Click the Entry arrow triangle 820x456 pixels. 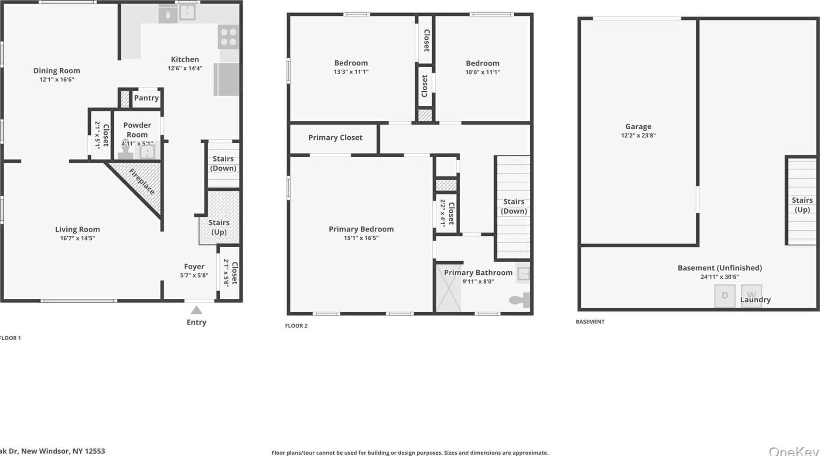pyautogui.click(x=196, y=310)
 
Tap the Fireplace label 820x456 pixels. pyautogui.click(x=142, y=181)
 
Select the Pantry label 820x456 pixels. pyautogui.click(x=146, y=98)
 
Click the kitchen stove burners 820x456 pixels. pyautogui.click(x=228, y=37)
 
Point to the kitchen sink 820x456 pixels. pyautogui.click(x=188, y=12)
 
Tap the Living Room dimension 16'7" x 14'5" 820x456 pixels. pyautogui.click(x=78, y=238)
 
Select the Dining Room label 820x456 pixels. pyautogui.click(x=57, y=70)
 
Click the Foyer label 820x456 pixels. pyautogui.click(x=194, y=266)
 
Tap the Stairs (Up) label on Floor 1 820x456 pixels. pyautogui.click(x=219, y=227)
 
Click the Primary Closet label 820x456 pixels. pyautogui.click(x=335, y=138)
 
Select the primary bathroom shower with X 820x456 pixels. pyautogui.click(x=448, y=288)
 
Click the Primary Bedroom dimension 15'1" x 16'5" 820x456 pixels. pyautogui.click(x=361, y=238)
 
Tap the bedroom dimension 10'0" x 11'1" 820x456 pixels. pyautogui.click(x=482, y=72)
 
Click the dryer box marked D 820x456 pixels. pyautogui.click(x=724, y=296)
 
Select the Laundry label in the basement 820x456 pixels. pyautogui.click(x=755, y=300)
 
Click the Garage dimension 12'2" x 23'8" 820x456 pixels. pyautogui.click(x=638, y=135)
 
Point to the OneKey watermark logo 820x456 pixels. pyautogui.click(x=793, y=451)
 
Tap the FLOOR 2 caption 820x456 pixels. pyautogui.click(x=296, y=325)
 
